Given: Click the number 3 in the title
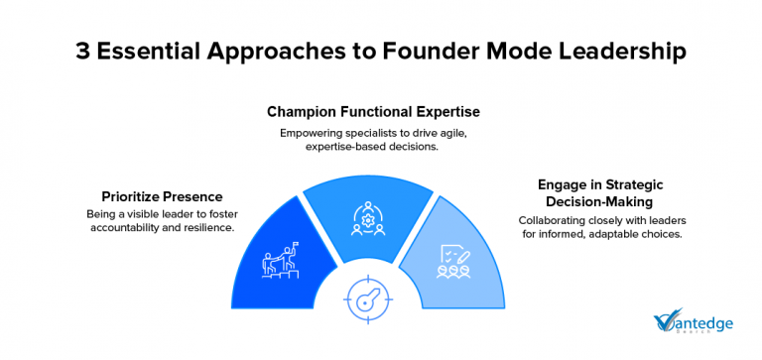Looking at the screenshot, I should (x=83, y=53).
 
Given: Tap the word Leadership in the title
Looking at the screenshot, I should (x=616, y=53).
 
